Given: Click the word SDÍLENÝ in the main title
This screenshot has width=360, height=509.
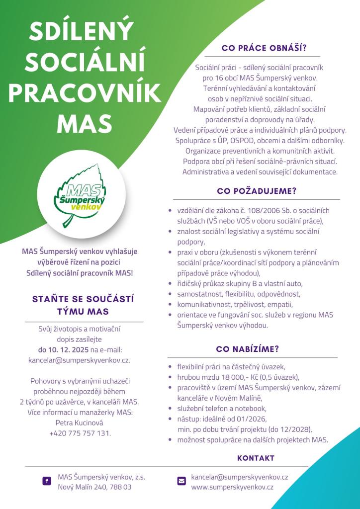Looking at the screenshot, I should point(82,33).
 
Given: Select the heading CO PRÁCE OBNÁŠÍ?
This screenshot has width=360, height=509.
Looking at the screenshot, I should point(264,49).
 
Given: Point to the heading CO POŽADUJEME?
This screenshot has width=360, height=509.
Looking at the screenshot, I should point(257,191).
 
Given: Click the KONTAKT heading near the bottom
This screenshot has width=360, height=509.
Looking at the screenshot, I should point(256,458).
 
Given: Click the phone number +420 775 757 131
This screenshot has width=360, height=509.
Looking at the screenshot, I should point(80,433).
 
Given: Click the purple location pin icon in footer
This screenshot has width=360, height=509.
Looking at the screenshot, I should point(47,481).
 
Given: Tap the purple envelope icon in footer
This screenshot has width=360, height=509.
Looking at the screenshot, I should point(181,481).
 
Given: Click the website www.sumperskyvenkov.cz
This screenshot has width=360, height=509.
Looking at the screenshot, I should point(232,487).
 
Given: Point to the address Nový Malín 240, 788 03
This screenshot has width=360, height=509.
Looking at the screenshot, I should point(94,487).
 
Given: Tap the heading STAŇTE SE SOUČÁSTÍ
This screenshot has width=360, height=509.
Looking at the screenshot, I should point(83,300).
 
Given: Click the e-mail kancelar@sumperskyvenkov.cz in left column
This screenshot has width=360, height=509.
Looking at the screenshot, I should point(80,359).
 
